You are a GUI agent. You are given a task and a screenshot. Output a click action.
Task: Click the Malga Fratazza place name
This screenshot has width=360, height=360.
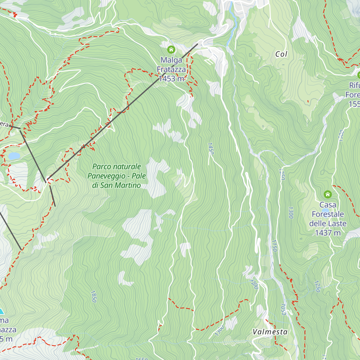[x=171, y=65]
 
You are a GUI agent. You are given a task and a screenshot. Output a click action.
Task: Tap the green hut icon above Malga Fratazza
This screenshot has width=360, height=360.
[x=171, y=49]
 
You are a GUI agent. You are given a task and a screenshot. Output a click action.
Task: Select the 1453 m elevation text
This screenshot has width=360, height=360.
[x=171, y=79]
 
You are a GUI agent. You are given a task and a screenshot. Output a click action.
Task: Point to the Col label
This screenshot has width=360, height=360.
[x=281, y=54]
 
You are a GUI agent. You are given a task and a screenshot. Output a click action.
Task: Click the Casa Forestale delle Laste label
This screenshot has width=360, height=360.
[x=328, y=214]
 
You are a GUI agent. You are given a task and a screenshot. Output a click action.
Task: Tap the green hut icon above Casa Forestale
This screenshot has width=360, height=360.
[x=328, y=194]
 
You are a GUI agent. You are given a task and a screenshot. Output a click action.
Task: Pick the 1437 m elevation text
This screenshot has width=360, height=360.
[x=328, y=233]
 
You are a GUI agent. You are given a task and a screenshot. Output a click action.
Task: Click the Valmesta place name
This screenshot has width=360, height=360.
[x=270, y=332]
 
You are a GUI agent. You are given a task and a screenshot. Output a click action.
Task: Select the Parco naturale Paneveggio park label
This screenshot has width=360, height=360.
[x=117, y=176]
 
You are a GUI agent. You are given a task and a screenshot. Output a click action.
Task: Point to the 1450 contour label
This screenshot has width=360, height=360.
[x=210, y=149]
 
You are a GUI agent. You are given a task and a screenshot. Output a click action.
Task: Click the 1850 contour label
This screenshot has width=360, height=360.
[x=93, y=296]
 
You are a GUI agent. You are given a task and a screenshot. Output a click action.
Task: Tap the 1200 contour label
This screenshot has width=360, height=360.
[x=254, y=284]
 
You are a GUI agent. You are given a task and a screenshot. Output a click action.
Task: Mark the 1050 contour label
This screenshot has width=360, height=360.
[x=283, y=309]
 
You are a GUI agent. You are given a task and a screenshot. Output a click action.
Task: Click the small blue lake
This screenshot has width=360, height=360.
[x=14, y=156]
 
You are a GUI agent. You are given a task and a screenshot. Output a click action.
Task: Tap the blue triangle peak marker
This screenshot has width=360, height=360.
[x=1, y=311]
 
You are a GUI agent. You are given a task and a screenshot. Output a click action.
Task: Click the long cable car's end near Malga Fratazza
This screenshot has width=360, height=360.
[x=197, y=44]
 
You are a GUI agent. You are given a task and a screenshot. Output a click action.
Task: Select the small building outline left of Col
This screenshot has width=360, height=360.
[x=250, y=55]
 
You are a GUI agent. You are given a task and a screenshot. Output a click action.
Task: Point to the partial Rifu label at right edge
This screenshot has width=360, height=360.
[x=354, y=85]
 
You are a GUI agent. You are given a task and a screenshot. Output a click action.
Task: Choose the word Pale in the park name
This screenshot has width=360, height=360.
[x=139, y=176]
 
